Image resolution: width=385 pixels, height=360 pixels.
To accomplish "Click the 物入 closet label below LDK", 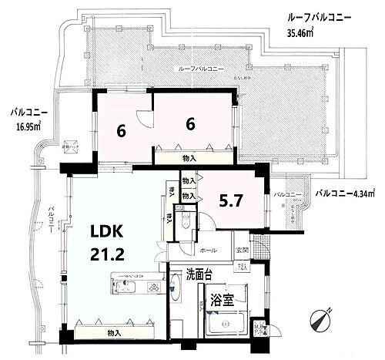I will pyautogui.click(x=114, y=332).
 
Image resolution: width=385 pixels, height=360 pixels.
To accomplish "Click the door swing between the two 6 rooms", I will pyautogui.click(x=144, y=118).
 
